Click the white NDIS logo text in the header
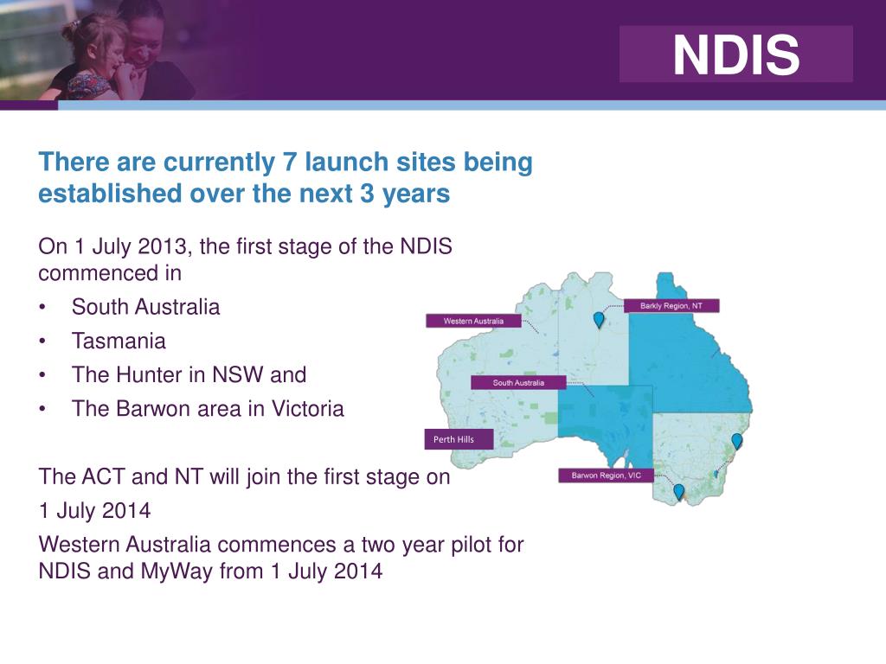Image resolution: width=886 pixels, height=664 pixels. coord(736,54)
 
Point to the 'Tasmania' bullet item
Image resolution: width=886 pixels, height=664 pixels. coord(119,341)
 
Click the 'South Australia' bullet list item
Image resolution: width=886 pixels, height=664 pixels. coord(145,306)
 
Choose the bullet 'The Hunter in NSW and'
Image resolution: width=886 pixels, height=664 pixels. coord(189,375)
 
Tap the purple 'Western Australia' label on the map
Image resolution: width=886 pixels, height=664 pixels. coord(473,321)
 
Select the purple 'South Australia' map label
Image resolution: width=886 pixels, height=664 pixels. coord(518,382)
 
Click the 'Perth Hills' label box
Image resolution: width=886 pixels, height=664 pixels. coord(458,439)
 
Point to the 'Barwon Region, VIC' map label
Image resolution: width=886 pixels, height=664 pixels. coord(606,475)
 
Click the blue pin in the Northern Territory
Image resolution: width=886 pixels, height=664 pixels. coord(598,320)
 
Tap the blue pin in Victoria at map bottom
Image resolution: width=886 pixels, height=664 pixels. coord(678,491)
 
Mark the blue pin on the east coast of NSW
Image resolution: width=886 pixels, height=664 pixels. coord(737,440)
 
